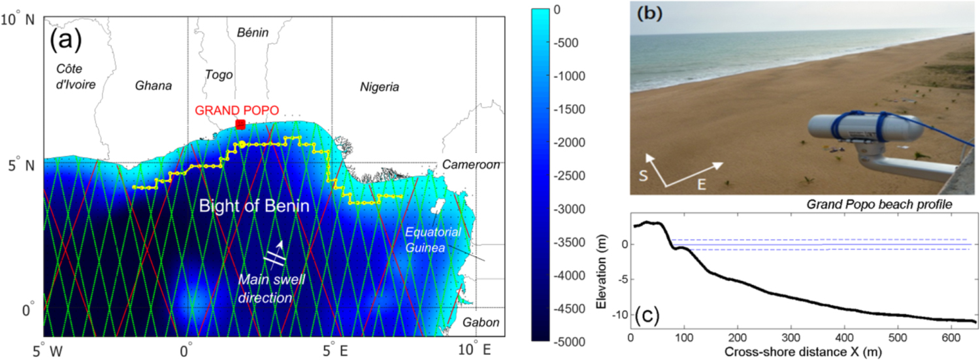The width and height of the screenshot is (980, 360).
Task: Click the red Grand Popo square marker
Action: (240, 124)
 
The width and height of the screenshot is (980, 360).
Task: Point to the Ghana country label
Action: (154, 86)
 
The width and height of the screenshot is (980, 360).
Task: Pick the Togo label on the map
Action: (219, 74)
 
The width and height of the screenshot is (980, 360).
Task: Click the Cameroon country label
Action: (470, 165)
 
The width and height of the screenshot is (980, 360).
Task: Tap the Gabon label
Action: (481, 322)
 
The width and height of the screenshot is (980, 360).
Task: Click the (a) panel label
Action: (65, 40)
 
